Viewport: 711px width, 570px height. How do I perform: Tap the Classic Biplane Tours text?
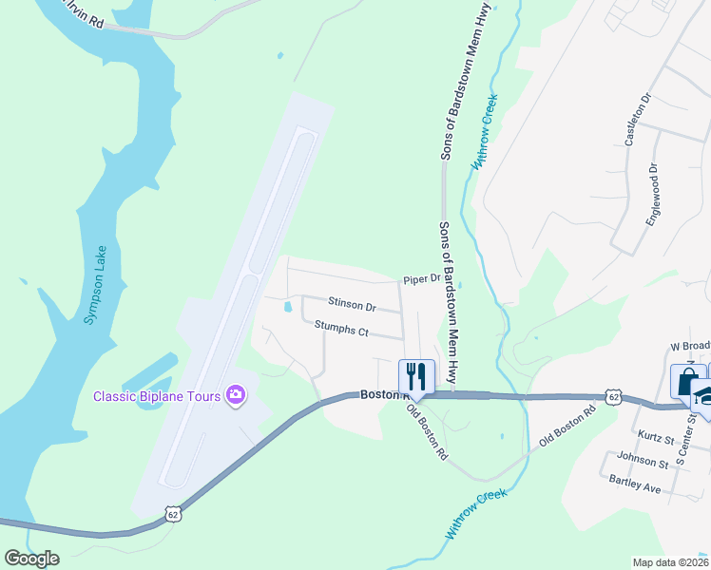[156, 395]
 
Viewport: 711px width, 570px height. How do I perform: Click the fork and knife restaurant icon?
[415, 374]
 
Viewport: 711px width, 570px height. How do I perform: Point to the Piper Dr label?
[422, 279]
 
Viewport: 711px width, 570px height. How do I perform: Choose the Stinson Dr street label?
[352, 306]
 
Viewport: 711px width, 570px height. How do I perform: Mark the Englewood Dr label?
[653, 193]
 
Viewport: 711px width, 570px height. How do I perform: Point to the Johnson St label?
[643, 463]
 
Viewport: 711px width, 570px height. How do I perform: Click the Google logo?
[31, 559]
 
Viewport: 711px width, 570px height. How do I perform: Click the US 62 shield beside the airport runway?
[172, 514]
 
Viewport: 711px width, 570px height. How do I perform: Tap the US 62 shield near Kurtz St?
[611, 394]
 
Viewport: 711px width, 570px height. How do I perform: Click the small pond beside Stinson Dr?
[286, 306]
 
